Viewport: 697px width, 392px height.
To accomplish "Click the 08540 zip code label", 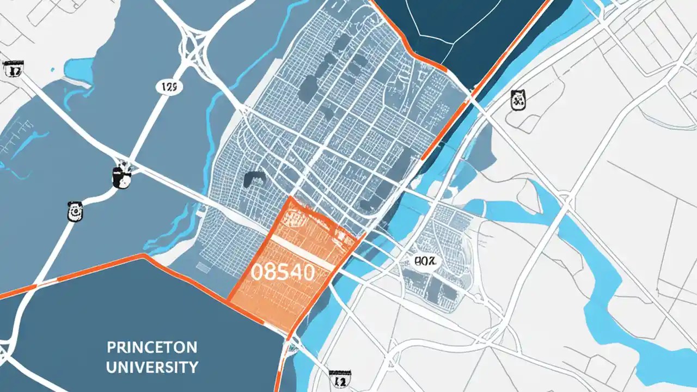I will coord(283,272).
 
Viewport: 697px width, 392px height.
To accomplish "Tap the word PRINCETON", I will coord(152,347).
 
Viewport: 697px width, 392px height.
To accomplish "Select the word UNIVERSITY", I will coord(152,366).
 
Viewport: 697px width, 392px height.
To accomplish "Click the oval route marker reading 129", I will coord(169,87).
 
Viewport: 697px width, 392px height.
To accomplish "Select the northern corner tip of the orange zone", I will coord(293,198).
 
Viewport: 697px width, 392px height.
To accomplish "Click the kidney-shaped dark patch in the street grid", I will coord(254,179).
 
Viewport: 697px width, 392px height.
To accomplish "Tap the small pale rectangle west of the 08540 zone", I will coord(203,267).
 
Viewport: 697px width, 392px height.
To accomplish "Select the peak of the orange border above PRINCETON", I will coord(144,255).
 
